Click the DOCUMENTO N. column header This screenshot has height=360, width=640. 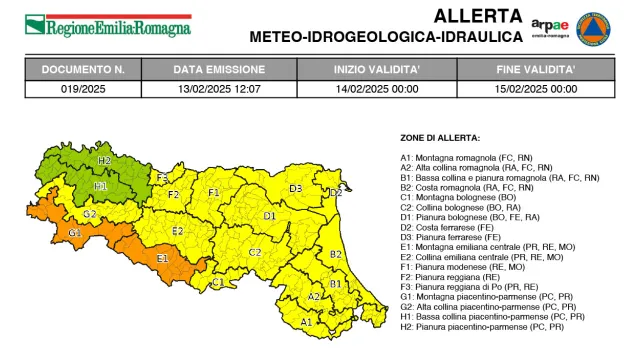tap(83, 70)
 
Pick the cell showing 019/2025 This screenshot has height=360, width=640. tap(83, 88)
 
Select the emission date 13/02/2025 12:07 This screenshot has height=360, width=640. tap(221, 88)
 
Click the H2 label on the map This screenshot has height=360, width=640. tap(104, 160)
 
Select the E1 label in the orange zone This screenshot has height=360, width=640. tap(163, 258)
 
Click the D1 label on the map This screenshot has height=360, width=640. tap(269, 215)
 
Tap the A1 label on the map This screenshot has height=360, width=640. tap(306, 322)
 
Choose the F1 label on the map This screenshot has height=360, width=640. tap(213, 192)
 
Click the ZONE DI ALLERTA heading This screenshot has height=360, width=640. tap(440, 137)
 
